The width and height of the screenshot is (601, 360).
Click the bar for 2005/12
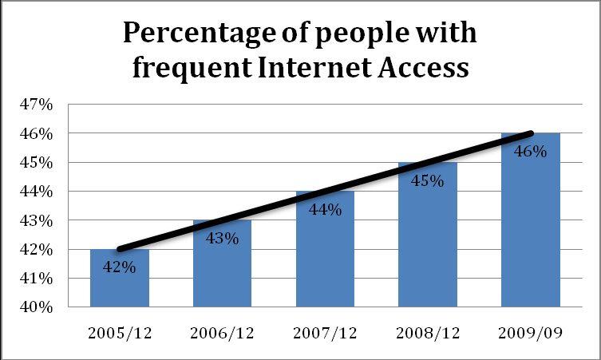(120, 287)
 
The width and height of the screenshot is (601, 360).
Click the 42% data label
(120, 267)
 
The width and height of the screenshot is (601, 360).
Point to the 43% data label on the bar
(223, 238)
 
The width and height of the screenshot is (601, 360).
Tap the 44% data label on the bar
(325, 209)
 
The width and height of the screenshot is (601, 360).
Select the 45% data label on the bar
(428, 180)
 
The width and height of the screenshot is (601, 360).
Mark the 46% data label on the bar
(531, 151)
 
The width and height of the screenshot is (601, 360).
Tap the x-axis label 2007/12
(325, 332)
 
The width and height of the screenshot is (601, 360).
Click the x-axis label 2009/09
(531, 332)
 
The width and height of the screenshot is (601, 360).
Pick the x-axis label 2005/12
(120, 332)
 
